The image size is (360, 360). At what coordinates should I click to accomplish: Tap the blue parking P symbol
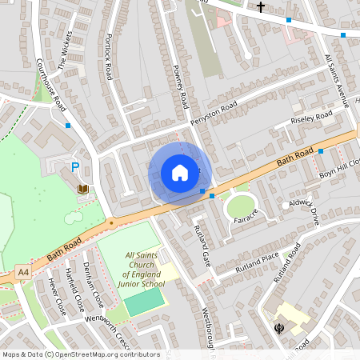pyautogui.click(x=76, y=167)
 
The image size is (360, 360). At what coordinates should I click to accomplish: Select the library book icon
pyautogui.click(x=83, y=189)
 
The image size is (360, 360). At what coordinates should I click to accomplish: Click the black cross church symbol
pyautogui.click(x=260, y=7)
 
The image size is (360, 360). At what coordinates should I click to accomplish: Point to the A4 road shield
pyautogui.click(x=23, y=273)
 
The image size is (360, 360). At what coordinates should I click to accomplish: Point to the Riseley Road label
pyautogui.click(x=312, y=120)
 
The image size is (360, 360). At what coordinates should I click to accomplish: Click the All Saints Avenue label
pyautogui.click(x=335, y=80)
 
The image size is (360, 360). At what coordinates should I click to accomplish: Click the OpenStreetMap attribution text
pyautogui.click(x=81, y=354)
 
